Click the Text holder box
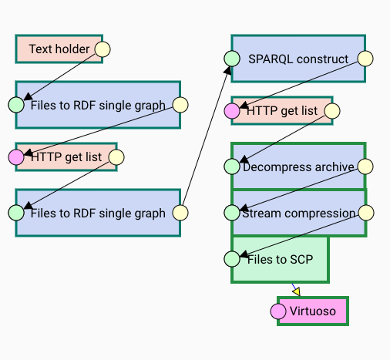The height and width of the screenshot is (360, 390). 59,49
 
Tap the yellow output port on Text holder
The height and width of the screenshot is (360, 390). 103,49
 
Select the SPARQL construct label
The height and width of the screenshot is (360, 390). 298,59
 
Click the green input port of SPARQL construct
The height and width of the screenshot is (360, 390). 232,59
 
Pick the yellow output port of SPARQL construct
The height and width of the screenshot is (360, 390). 365,59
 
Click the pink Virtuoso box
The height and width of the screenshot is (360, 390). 313,311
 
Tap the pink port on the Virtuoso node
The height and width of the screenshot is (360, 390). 278,311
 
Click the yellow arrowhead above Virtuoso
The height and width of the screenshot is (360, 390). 297,291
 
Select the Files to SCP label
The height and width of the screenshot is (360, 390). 280,259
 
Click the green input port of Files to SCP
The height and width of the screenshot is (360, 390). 232,259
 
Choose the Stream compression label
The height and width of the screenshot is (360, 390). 298,214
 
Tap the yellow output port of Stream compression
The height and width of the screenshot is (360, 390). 366,213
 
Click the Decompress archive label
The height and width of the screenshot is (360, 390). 298,167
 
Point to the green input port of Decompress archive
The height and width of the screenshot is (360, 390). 232,167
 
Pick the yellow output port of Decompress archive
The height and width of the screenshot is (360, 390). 365,167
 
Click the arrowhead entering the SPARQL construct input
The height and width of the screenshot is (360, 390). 227,70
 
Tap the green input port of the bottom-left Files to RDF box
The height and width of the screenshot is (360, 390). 16,213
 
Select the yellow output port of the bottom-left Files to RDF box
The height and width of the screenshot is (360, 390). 180,213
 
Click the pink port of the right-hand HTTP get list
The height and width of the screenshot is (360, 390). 232,111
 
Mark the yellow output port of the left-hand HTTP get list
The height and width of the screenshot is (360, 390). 116,157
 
